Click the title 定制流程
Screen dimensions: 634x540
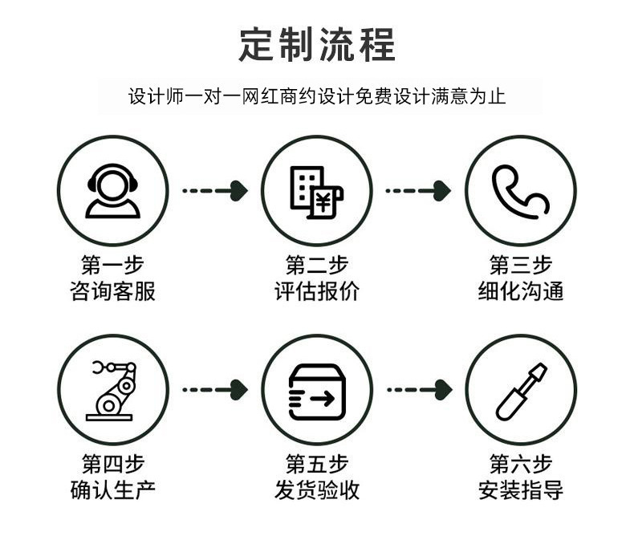coord(317,44)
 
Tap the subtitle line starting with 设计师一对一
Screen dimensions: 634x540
coord(317,96)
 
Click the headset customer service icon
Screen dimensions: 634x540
coord(112,191)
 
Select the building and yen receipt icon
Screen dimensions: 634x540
coord(316,193)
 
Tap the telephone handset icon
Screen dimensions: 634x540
coord(520,192)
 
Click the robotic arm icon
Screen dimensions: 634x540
coord(110,391)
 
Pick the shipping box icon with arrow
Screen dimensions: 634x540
coord(317,392)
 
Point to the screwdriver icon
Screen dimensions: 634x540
coord(522,392)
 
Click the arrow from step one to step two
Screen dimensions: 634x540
coord(215,191)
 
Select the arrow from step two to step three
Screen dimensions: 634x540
coord(418,191)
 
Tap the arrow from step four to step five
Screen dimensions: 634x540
coord(215,390)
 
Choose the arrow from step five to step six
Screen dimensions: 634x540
coord(420,390)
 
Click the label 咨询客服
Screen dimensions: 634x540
coord(112,291)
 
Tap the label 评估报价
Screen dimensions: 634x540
coord(317,291)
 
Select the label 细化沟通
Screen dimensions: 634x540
coord(521,291)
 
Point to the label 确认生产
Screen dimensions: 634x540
coord(112,490)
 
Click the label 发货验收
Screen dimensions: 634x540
coord(317,490)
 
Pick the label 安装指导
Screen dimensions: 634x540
coord(521,490)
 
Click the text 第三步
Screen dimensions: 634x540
coord(521,265)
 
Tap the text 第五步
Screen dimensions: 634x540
coord(317,464)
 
